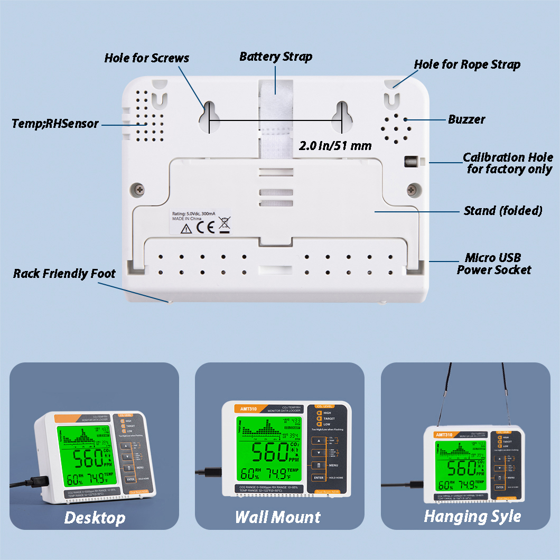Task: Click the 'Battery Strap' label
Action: coord(276,57)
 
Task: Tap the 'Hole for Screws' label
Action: coord(146,58)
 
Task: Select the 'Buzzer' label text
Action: coord(466,119)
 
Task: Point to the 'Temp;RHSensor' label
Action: coord(55,124)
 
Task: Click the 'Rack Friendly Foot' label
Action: coord(64,274)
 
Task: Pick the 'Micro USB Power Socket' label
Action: coord(493,264)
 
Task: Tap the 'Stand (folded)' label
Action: coord(503,211)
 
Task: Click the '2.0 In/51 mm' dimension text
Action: coord(335,146)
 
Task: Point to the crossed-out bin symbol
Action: coord(224,225)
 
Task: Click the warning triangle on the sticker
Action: coord(186,229)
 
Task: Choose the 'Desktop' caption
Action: coord(95,518)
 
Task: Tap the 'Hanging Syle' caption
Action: coord(472,516)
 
